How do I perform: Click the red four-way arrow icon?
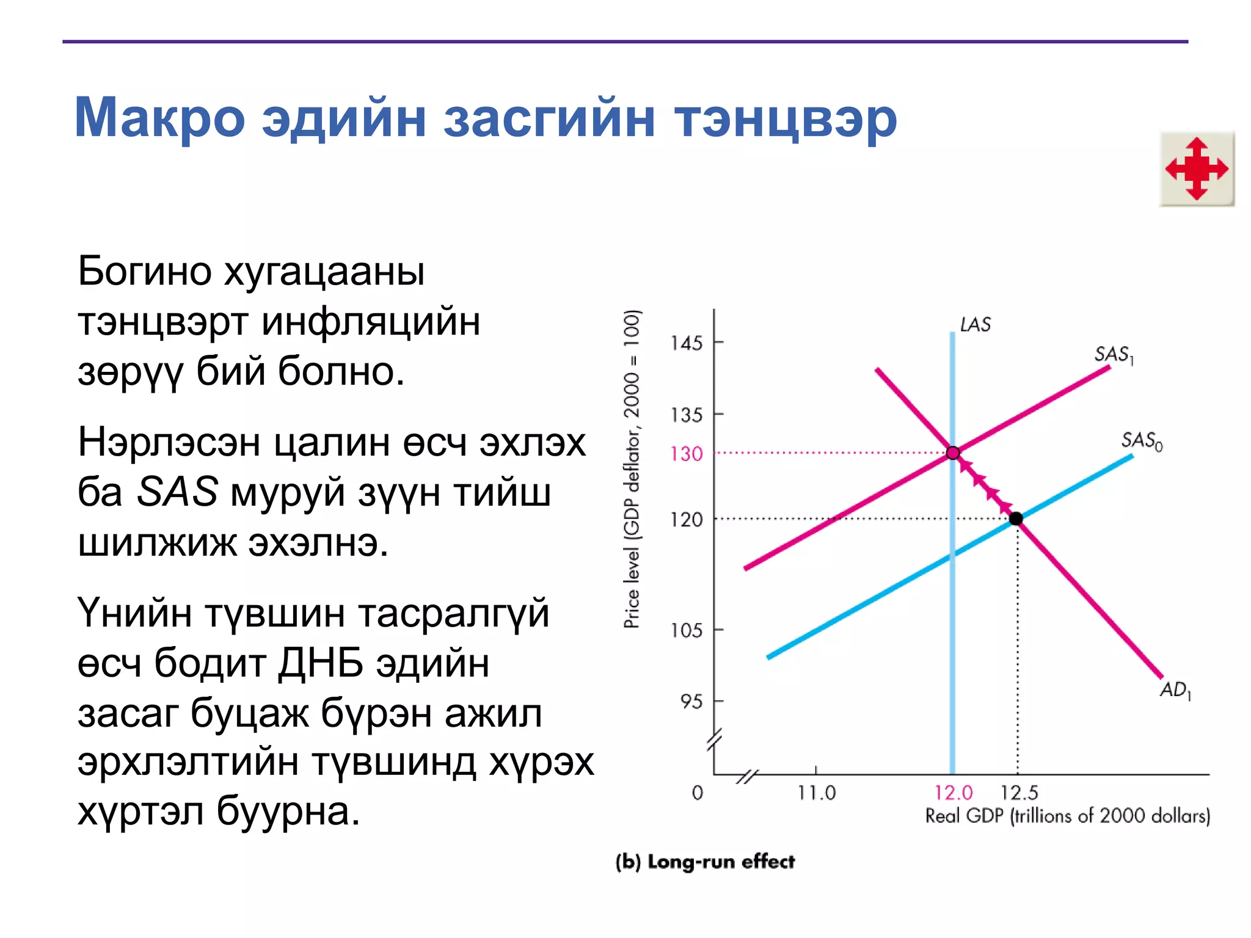[x=1197, y=169]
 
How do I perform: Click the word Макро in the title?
[x=159, y=118]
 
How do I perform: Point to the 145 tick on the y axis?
[x=687, y=343]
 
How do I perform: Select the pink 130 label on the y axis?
[x=687, y=454]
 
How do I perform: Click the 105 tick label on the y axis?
[x=687, y=630]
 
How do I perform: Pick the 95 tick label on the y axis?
[x=692, y=702]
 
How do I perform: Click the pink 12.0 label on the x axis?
[x=953, y=793]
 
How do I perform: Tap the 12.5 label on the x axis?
[x=1019, y=793]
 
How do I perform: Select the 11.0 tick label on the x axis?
[x=816, y=793]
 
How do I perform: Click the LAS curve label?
[x=975, y=325]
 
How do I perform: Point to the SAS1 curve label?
[x=1113, y=355]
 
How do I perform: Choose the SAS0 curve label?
[x=1141, y=440]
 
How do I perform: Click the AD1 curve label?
[x=1175, y=690]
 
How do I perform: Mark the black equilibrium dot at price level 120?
[x=1016, y=518]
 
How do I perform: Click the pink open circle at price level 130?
[x=953, y=453]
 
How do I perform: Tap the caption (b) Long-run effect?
[x=705, y=862]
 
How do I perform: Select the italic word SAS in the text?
[x=177, y=492]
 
